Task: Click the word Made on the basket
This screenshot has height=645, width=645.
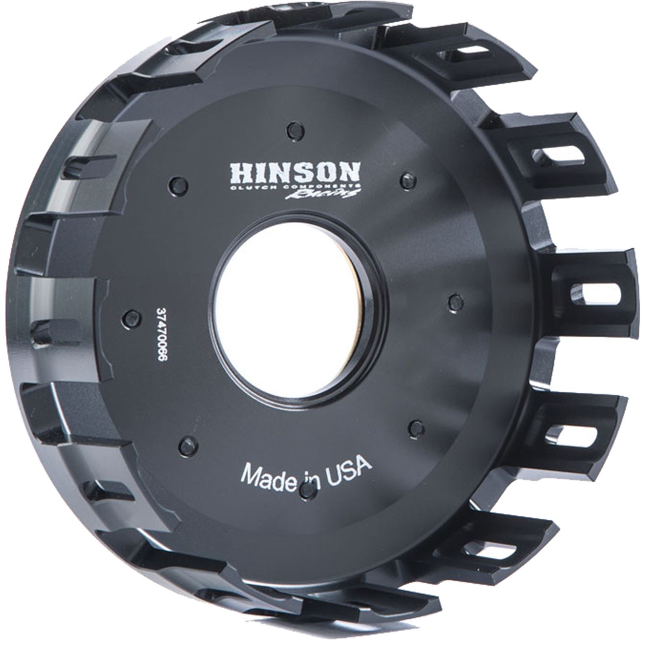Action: click(x=267, y=474)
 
